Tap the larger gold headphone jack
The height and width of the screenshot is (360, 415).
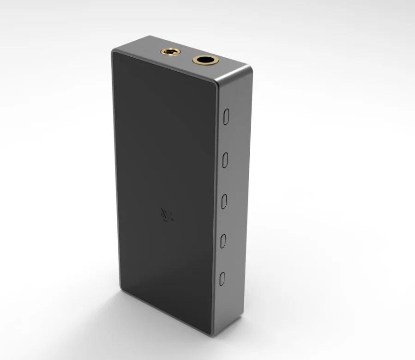pyautogui.click(x=204, y=60)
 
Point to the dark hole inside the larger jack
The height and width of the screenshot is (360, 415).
pyautogui.click(x=204, y=60)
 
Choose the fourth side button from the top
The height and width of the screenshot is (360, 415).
pyautogui.click(x=223, y=240)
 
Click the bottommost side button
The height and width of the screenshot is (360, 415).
pyautogui.click(x=222, y=278)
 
